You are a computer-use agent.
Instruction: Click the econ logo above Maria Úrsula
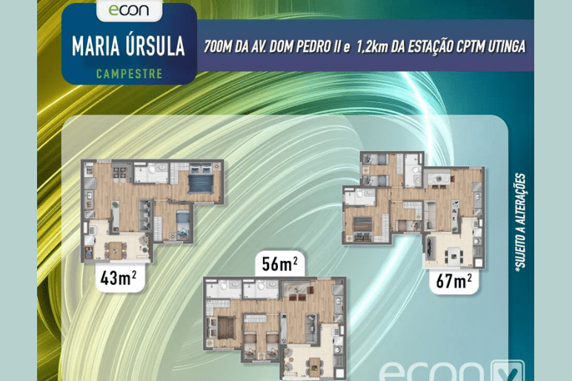tap(129, 10)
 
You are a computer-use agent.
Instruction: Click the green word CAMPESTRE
tap(129, 73)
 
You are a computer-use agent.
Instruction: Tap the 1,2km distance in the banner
tap(372, 47)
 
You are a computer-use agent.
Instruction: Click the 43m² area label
tap(119, 278)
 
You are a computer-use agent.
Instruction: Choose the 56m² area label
tap(280, 264)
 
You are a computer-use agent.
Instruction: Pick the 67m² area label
tap(453, 281)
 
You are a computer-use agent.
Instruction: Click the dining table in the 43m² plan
tap(116, 250)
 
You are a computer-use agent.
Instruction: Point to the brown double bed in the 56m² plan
tap(226, 328)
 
